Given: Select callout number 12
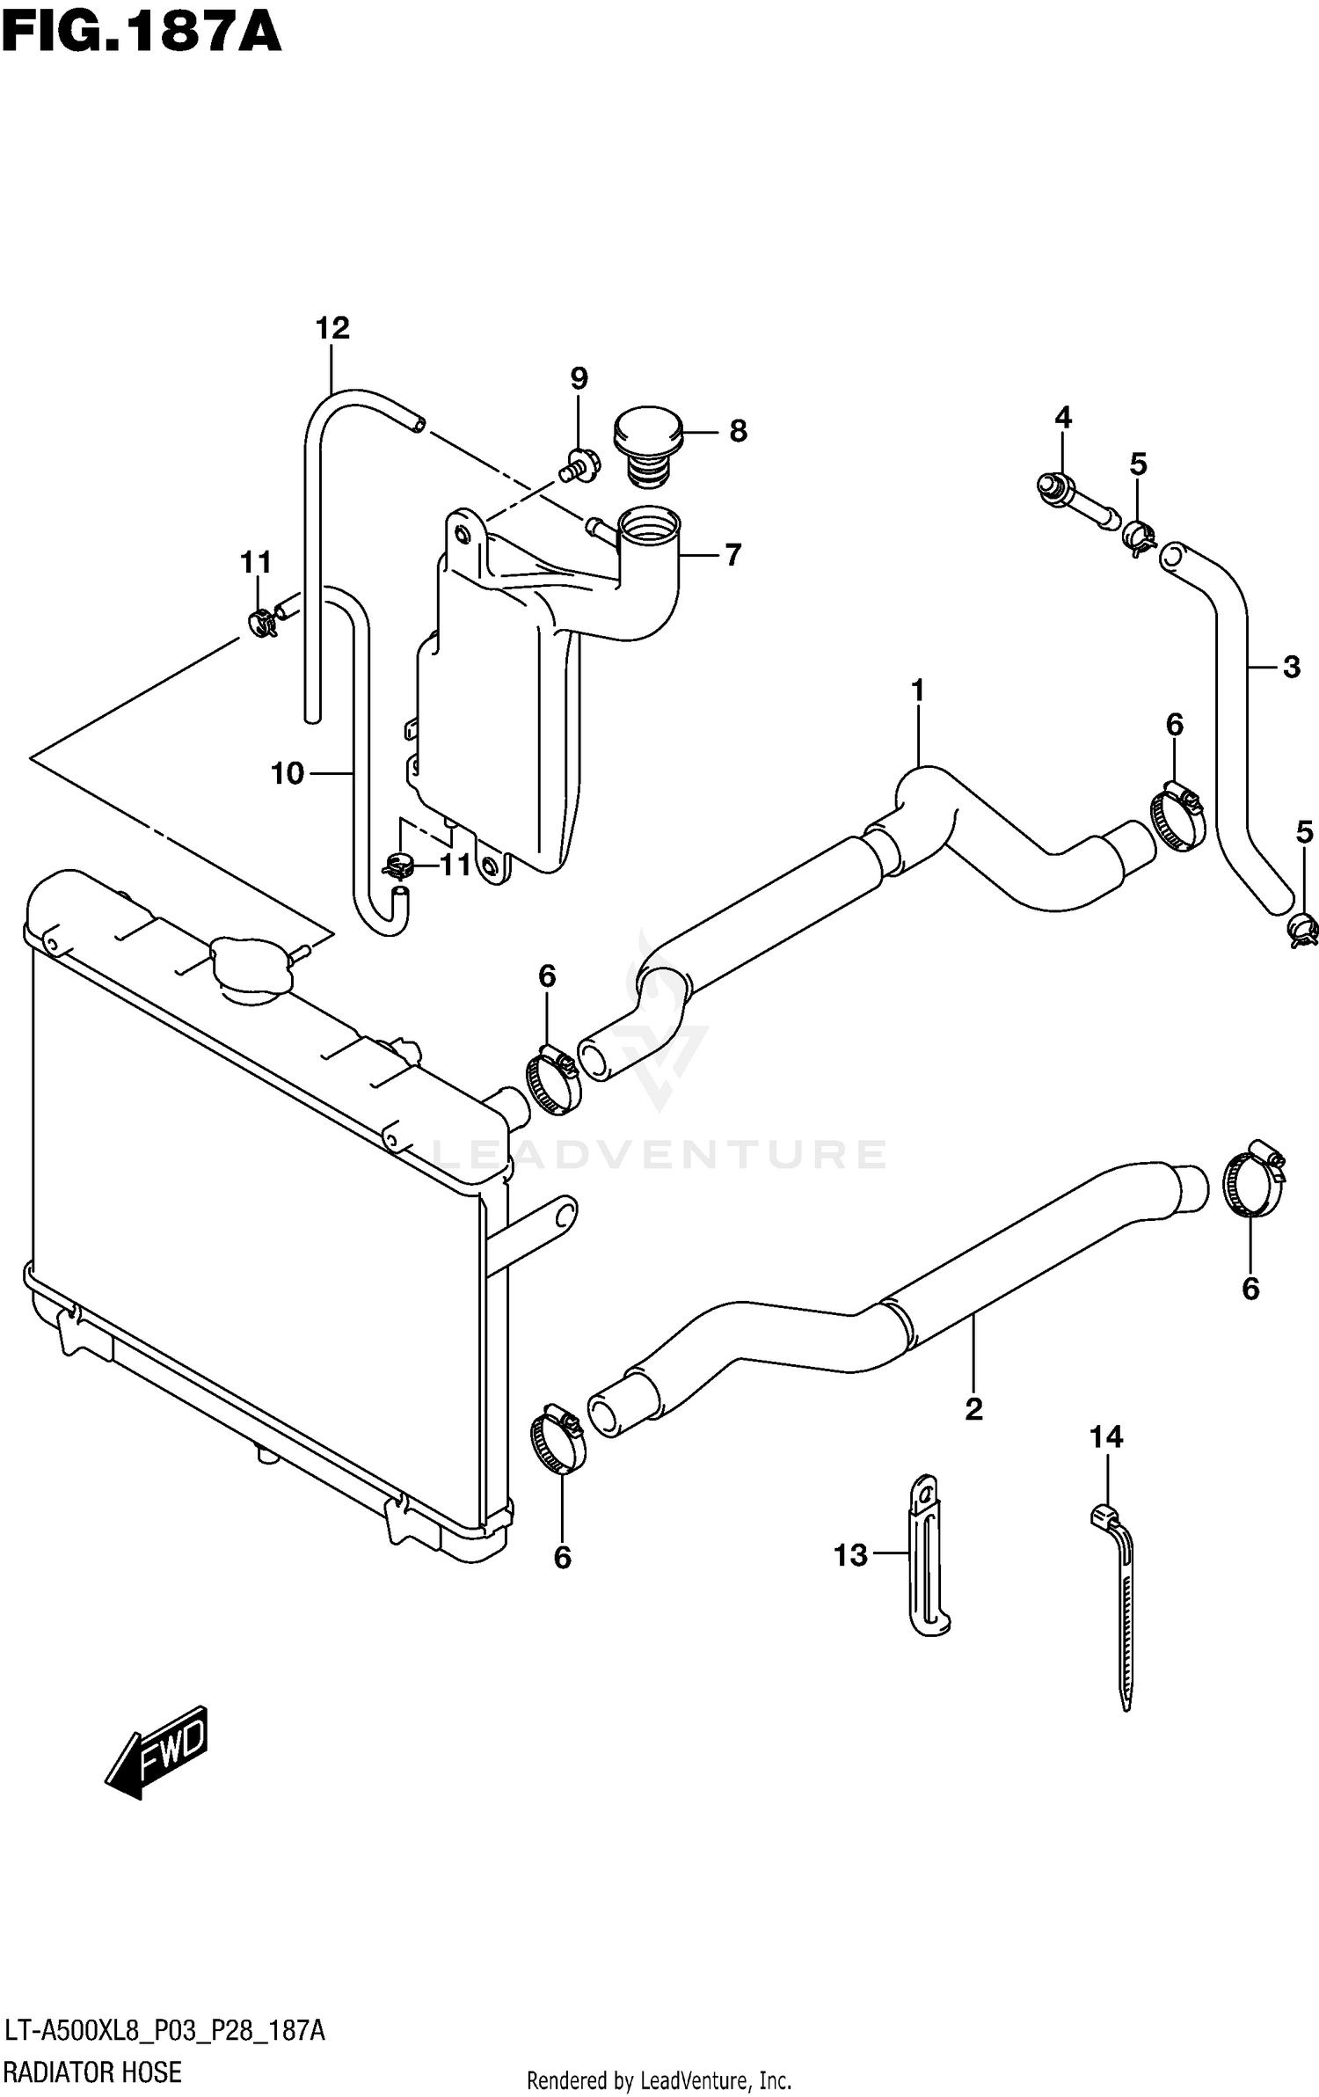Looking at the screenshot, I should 332,328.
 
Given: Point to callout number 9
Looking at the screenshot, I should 578,378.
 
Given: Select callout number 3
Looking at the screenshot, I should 1291,667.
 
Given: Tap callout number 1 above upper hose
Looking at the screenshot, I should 917,690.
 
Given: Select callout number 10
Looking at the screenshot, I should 287,773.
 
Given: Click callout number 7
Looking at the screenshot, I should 732,555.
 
